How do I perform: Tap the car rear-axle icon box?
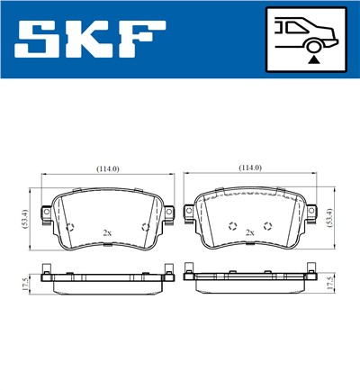(305, 40)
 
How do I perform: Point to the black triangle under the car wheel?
(312, 59)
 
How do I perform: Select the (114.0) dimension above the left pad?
(109, 168)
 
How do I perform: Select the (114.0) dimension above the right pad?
(249, 168)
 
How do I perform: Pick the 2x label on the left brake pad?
(108, 233)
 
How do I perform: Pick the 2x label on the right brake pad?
(249, 233)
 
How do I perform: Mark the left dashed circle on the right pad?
(232, 225)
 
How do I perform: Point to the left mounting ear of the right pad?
(189, 213)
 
